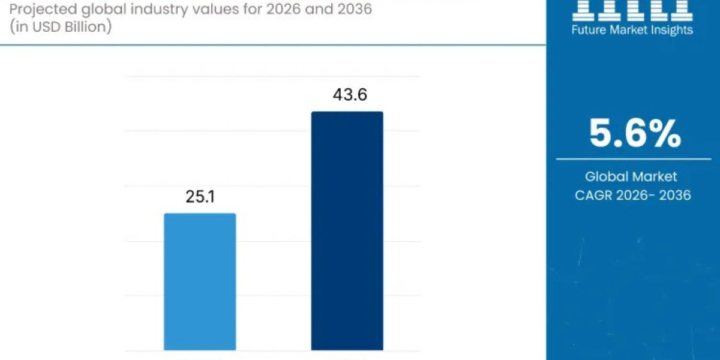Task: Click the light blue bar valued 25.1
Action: [x=200, y=281]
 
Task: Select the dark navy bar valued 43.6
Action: [x=347, y=231]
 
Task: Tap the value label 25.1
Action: [x=200, y=196]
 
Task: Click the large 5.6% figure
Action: [x=635, y=133]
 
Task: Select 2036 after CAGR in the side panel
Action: [x=674, y=195]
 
